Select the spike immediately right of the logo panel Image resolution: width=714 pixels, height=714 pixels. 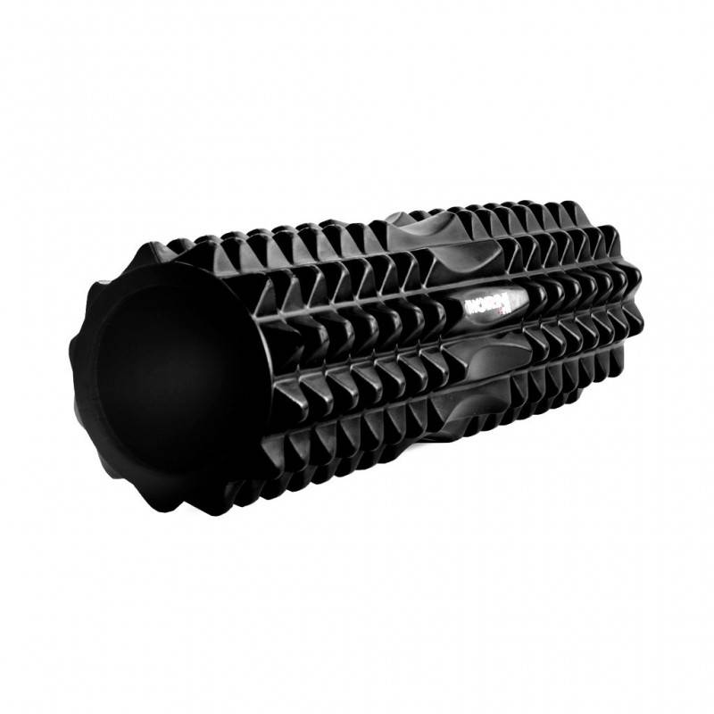point(533,308)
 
